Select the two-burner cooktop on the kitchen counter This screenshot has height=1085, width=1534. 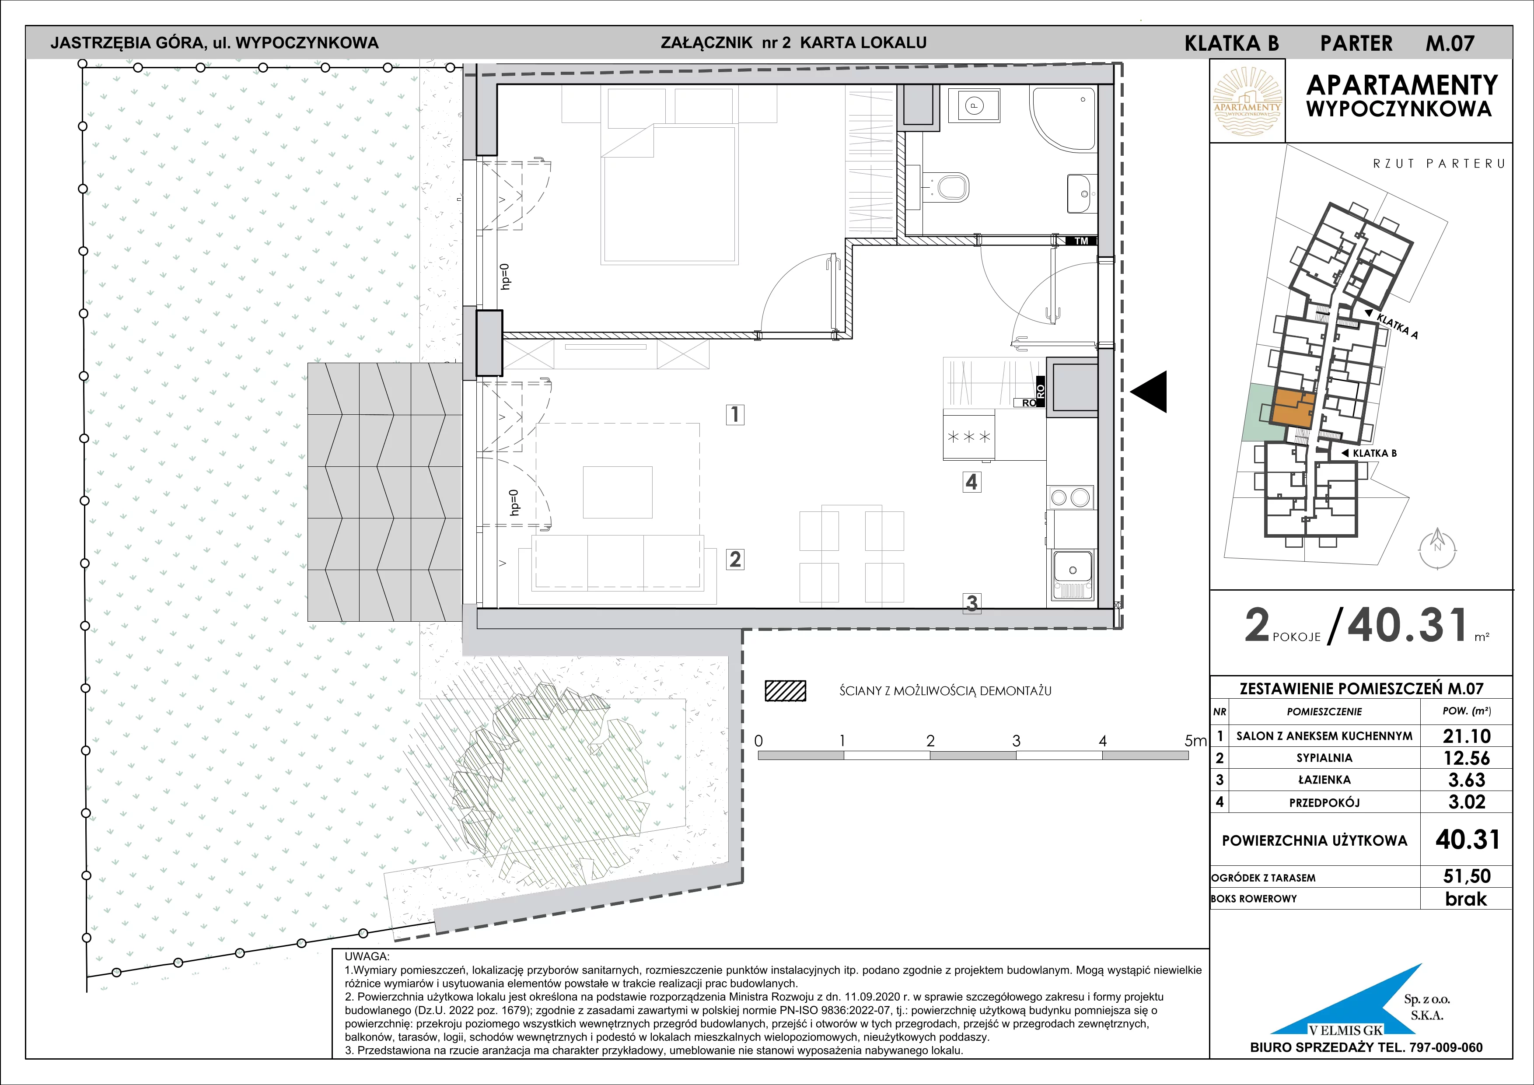point(1071,497)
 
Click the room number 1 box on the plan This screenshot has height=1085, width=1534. point(735,414)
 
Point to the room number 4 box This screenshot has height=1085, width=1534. point(971,482)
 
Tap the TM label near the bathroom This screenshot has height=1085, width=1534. point(1081,241)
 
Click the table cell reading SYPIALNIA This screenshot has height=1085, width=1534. point(1324,758)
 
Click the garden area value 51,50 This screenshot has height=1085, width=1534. point(1467,876)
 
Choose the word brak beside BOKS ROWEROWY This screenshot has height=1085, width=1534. point(1466,899)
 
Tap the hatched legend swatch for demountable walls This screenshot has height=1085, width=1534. point(785,691)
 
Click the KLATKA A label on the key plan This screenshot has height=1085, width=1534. point(1397,326)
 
